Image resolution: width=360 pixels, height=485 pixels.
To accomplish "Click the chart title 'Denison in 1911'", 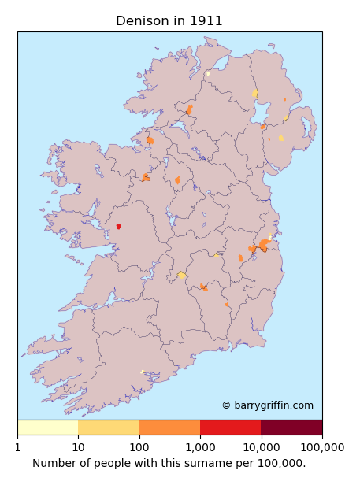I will click(x=169, y=21).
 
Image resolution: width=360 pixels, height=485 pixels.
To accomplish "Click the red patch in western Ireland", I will click(x=118, y=226).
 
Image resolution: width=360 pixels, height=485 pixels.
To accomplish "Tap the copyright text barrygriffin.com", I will click(x=267, y=405).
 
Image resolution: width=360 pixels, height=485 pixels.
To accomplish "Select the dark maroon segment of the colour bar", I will click(x=291, y=428).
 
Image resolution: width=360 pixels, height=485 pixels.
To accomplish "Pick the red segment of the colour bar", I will click(x=230, y=428).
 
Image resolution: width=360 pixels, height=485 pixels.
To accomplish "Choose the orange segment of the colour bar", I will click(x=169, y=428).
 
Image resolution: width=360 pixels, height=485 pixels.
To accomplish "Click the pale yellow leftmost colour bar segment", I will click(x=47, y=428).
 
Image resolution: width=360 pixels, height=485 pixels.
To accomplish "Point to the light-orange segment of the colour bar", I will click(x=108, y=428).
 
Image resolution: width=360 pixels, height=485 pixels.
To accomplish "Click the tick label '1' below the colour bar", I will click(x=17, y=447).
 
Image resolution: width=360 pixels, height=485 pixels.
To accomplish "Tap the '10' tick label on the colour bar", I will click(x=78, y=447).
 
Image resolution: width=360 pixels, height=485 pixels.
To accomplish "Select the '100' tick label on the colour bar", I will click(x=139, y=447).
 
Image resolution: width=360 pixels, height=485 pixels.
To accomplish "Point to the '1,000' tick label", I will click(x=200, y=447).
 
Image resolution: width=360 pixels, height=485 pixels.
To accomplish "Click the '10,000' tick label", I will click(x=261, y=447).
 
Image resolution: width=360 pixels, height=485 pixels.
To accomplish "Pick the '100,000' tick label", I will click(x=322, y=447).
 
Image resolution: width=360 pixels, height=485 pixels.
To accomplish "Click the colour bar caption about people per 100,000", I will click(x=169, y=463).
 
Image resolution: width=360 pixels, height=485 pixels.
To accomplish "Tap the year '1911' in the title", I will click(x=206, y=21).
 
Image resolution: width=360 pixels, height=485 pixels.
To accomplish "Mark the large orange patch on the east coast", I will click(x=264, y=245).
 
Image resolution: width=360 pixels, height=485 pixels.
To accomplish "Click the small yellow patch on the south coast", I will click(x=143, y=372).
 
